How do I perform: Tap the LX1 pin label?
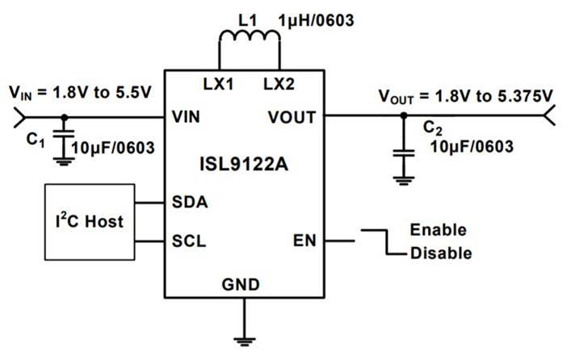pos(218,84)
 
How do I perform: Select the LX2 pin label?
pos(279,84)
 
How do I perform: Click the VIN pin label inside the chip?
pos(186,117)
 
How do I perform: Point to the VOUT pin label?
pos(292,117)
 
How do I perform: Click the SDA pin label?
pos(190,202)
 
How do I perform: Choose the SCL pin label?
pos(189,241)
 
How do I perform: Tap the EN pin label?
pos(304,241)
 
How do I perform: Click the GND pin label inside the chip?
pos(241,285)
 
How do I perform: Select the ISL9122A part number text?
pos(244,164)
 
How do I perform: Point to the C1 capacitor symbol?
pos(64,134)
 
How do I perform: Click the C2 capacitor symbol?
pos(404,153)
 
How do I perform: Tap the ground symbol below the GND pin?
pos(245,341)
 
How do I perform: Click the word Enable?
pos(439,230)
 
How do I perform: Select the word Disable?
pos(441,253)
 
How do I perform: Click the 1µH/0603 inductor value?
pos(316,21)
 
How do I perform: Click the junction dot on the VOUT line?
pos(404,115)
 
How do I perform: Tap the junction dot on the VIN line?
pos(65,117)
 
